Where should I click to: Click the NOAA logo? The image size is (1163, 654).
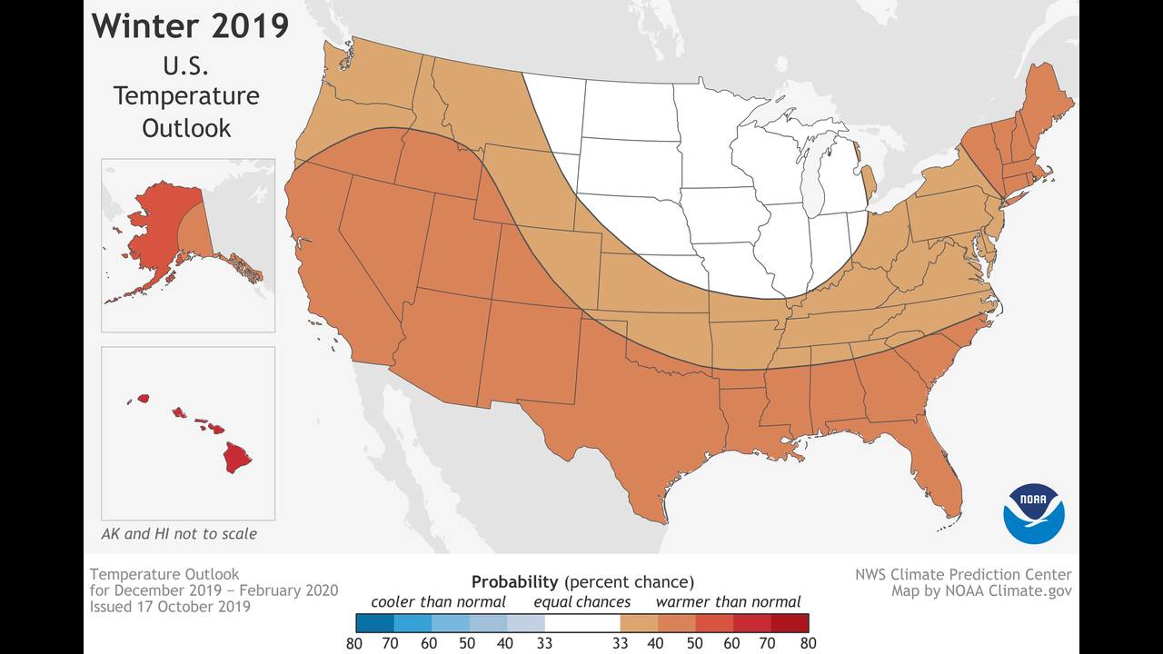pyautogui.click(x=1033, y=513)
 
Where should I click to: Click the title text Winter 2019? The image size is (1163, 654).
pyautogui.click(x=190, y=25)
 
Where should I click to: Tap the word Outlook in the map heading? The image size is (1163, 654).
pyautogui.click(x=186, y=128)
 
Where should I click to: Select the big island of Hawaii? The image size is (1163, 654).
pyautogui.click(x=237, y=457)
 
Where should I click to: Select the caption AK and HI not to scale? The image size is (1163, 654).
pyautogui.click(x=179, y=534)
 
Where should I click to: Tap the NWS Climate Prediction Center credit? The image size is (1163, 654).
pyautogui.click(x=962, y=574)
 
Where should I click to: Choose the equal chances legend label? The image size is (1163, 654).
pyautogui.click(x=581, y=601)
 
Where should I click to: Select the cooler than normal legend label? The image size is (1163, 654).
pyautogui.click(x=438, y=601)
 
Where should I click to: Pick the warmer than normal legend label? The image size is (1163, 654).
pyautogui.click(x=728, y=601)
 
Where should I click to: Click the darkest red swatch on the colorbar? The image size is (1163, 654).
pyautogui.click(x=790, y=623)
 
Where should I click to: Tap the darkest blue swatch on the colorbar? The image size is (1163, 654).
pyautogui.click(x=374, y=623)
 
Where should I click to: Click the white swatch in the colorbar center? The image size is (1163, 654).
pyautogui.click(x=581, y=623)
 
